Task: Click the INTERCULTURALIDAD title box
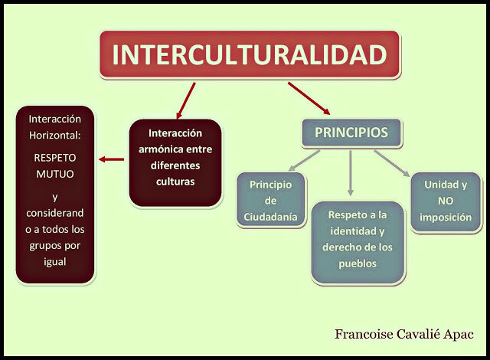(249, 55)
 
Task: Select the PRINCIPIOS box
(351, 133)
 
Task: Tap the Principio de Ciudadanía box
(271, 201)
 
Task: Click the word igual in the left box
(55, 260)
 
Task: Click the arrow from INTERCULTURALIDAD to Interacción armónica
(185, 100)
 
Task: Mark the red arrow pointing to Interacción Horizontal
(112, 159)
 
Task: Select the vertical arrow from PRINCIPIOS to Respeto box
(351, 172)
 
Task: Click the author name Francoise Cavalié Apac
(403, 335)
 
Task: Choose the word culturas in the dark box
(175, 182)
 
